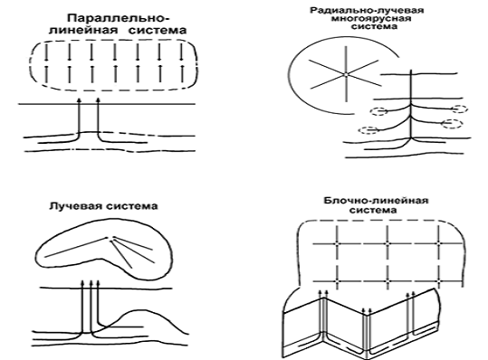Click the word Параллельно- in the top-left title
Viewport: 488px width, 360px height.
119,18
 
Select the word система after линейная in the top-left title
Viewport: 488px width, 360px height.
158,30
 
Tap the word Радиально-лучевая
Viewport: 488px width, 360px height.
367,10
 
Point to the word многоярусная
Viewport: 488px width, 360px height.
370,19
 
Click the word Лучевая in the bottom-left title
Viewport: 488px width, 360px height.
75,206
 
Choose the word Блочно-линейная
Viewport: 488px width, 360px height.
376,201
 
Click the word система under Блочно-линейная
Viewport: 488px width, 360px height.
373,210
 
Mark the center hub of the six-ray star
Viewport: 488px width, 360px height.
346,74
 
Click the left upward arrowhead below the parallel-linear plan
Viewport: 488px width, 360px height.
79,100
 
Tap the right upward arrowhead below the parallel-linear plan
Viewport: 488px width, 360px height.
98,100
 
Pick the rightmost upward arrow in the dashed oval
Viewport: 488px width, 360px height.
182,73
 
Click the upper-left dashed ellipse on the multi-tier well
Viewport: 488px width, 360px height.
379,111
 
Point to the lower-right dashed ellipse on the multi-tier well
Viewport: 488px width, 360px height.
452,124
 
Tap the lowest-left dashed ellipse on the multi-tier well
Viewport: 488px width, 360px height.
369,130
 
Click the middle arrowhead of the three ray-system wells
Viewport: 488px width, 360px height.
91,282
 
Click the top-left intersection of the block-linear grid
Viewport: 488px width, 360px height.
337,243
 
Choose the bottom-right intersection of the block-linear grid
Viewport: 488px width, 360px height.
439,281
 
